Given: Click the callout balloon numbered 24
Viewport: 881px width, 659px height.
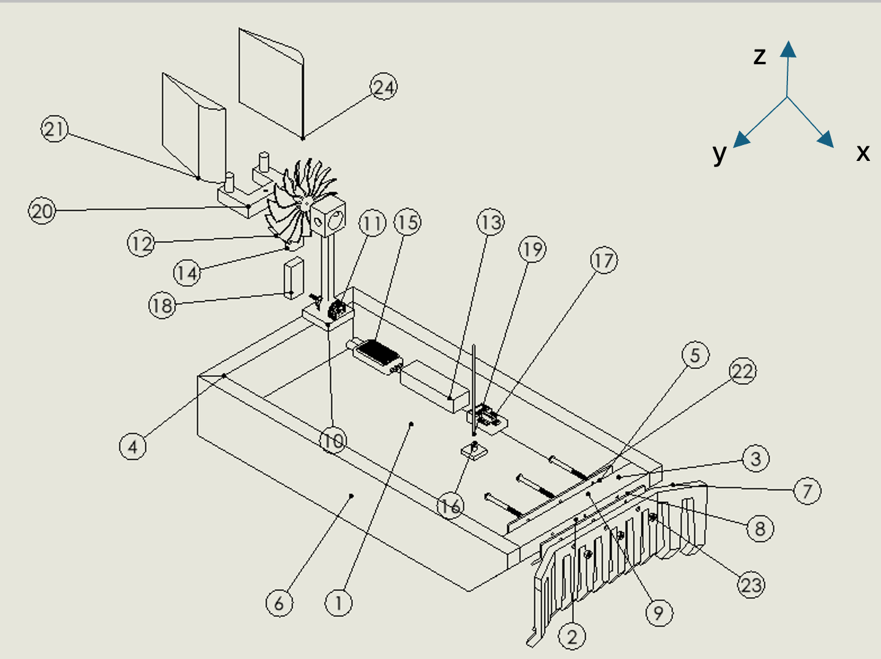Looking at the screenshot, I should click(384, 87).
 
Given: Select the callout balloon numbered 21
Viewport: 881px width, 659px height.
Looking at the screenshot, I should click(54, 129).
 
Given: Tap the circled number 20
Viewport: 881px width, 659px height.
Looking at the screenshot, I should click(42, 211).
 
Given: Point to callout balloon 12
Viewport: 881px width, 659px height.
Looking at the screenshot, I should click(141, 244).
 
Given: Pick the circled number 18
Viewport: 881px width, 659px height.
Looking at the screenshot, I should click(162, 305).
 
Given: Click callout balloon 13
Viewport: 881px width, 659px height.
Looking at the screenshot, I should click(491, 223).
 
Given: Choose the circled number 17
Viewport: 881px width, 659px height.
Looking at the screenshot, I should click(604, 261).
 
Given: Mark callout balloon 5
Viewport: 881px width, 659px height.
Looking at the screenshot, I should click(695, 356).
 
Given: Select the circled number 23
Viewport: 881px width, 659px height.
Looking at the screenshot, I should click(751, 585).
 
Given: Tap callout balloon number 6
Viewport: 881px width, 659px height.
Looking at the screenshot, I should click(279, 603).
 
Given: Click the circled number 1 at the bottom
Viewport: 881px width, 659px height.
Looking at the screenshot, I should click(338, 603).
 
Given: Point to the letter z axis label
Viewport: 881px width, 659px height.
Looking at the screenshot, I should click(759, 56).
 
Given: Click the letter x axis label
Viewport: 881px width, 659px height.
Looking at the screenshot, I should click(863, 152).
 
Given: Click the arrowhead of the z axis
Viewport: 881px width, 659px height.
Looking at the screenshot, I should click(788, 50).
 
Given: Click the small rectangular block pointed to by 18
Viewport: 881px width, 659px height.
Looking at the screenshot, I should click(294, 278).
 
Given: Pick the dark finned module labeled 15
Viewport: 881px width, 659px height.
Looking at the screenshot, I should click(376, 352).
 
